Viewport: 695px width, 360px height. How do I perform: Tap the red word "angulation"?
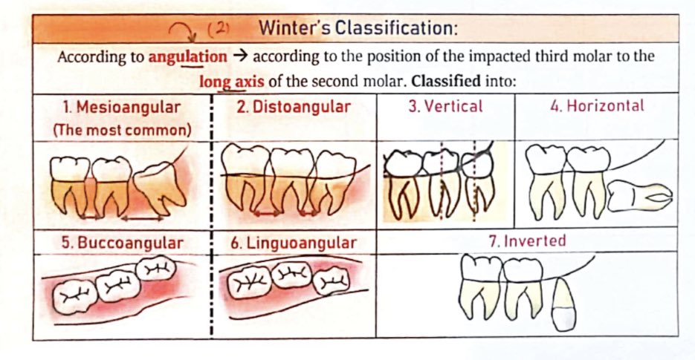pyautogui.click(x=188, y=56)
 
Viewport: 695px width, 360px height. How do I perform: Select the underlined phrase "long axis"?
pyautogui.click(x=230, y=81)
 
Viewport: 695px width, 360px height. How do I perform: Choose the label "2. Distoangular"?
pyautogui.click(x=294, y=107)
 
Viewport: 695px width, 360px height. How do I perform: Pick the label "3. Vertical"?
pyautogui.click(x=445, y=106)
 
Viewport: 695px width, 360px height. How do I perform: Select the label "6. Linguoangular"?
pyautogui.click(x=294, y=243)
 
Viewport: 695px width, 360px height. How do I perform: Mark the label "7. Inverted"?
pyautogui.click(x=534, y=240)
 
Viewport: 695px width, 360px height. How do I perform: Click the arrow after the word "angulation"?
pyautogui.click(x=239, y=56)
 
